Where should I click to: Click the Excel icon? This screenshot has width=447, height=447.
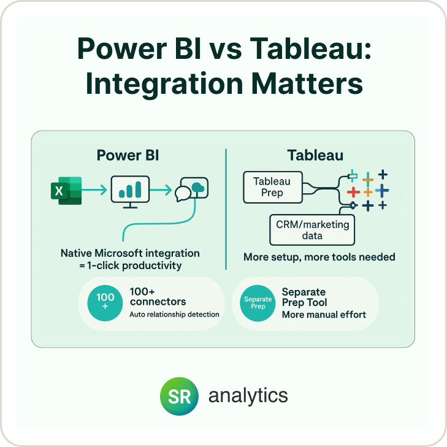point(66,191)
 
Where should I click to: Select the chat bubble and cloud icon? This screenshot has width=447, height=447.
point(191,189)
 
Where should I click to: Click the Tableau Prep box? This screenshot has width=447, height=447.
point(273,187)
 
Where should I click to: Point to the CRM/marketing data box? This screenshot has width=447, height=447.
point(312,230)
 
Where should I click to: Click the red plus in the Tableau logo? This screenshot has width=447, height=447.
point(353,192)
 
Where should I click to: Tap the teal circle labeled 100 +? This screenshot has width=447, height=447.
point(105,303)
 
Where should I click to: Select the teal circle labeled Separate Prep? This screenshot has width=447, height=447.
point(258,303)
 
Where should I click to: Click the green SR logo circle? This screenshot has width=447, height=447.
point(179,396)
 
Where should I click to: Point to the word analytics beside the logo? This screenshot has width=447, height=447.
point(248,396)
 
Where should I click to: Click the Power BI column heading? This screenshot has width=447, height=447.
point(128,155)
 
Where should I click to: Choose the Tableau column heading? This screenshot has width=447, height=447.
point(315,155)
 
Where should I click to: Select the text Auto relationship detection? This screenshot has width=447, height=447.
point(174,314)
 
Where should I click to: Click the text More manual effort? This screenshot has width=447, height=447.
point(324,315)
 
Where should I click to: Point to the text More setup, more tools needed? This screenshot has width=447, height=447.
point(319,257)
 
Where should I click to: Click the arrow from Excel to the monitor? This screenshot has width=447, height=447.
point(94,189)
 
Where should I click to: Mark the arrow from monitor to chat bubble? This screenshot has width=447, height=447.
point(161,189)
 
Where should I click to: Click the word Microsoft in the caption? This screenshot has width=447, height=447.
point(118,253)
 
